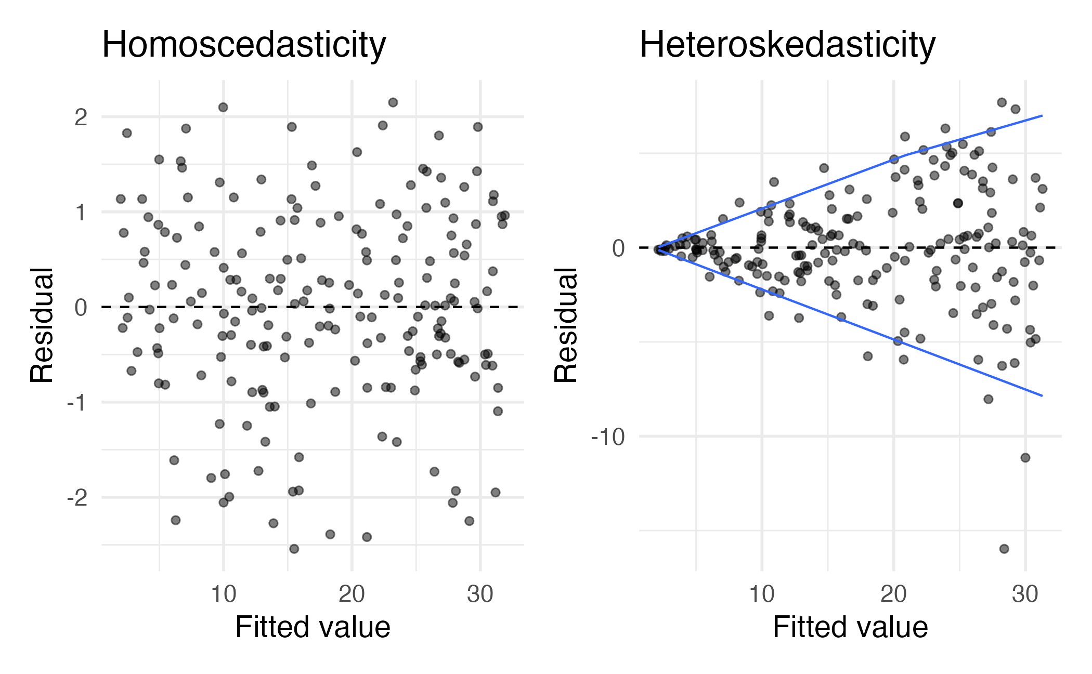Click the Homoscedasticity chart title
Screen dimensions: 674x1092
click(x=243, y=45)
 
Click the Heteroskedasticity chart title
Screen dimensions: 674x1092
click(x=787, y=45)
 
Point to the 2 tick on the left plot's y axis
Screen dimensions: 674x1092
click(x=81, y=117)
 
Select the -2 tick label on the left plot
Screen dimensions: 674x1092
click(x=77, y=498)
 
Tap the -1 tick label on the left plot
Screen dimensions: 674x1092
click(x=77, y=403)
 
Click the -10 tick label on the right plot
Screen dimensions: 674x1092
click(x=608, y=437)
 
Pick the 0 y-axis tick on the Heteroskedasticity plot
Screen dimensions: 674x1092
click(x=619, y=248)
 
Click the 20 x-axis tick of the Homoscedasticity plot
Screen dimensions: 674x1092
click(x=352, y=593)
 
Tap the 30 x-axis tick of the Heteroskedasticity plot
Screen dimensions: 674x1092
click(x=1025, y=593)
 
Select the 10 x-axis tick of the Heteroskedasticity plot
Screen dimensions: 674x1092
click(x=762, y=593)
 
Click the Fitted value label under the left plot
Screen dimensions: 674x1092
click(x=313, y=627)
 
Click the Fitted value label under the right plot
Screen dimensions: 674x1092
click(x=850, y=627)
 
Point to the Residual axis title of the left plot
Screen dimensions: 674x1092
click(x=42, y=325)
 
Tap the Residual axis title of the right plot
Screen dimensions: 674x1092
click(x=566, y=325)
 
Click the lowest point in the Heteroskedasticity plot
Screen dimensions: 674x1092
click(x=1004, y=549)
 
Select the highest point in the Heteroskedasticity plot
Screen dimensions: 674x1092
click(x=1002, y=102)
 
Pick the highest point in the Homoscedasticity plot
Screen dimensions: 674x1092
click(x=393, y=102)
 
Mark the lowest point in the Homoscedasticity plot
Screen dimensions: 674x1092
click(x=294, y=549)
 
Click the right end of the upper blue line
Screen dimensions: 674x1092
click(x=1042, y=115)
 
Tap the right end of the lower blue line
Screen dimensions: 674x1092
click(x=1042, y=396)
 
